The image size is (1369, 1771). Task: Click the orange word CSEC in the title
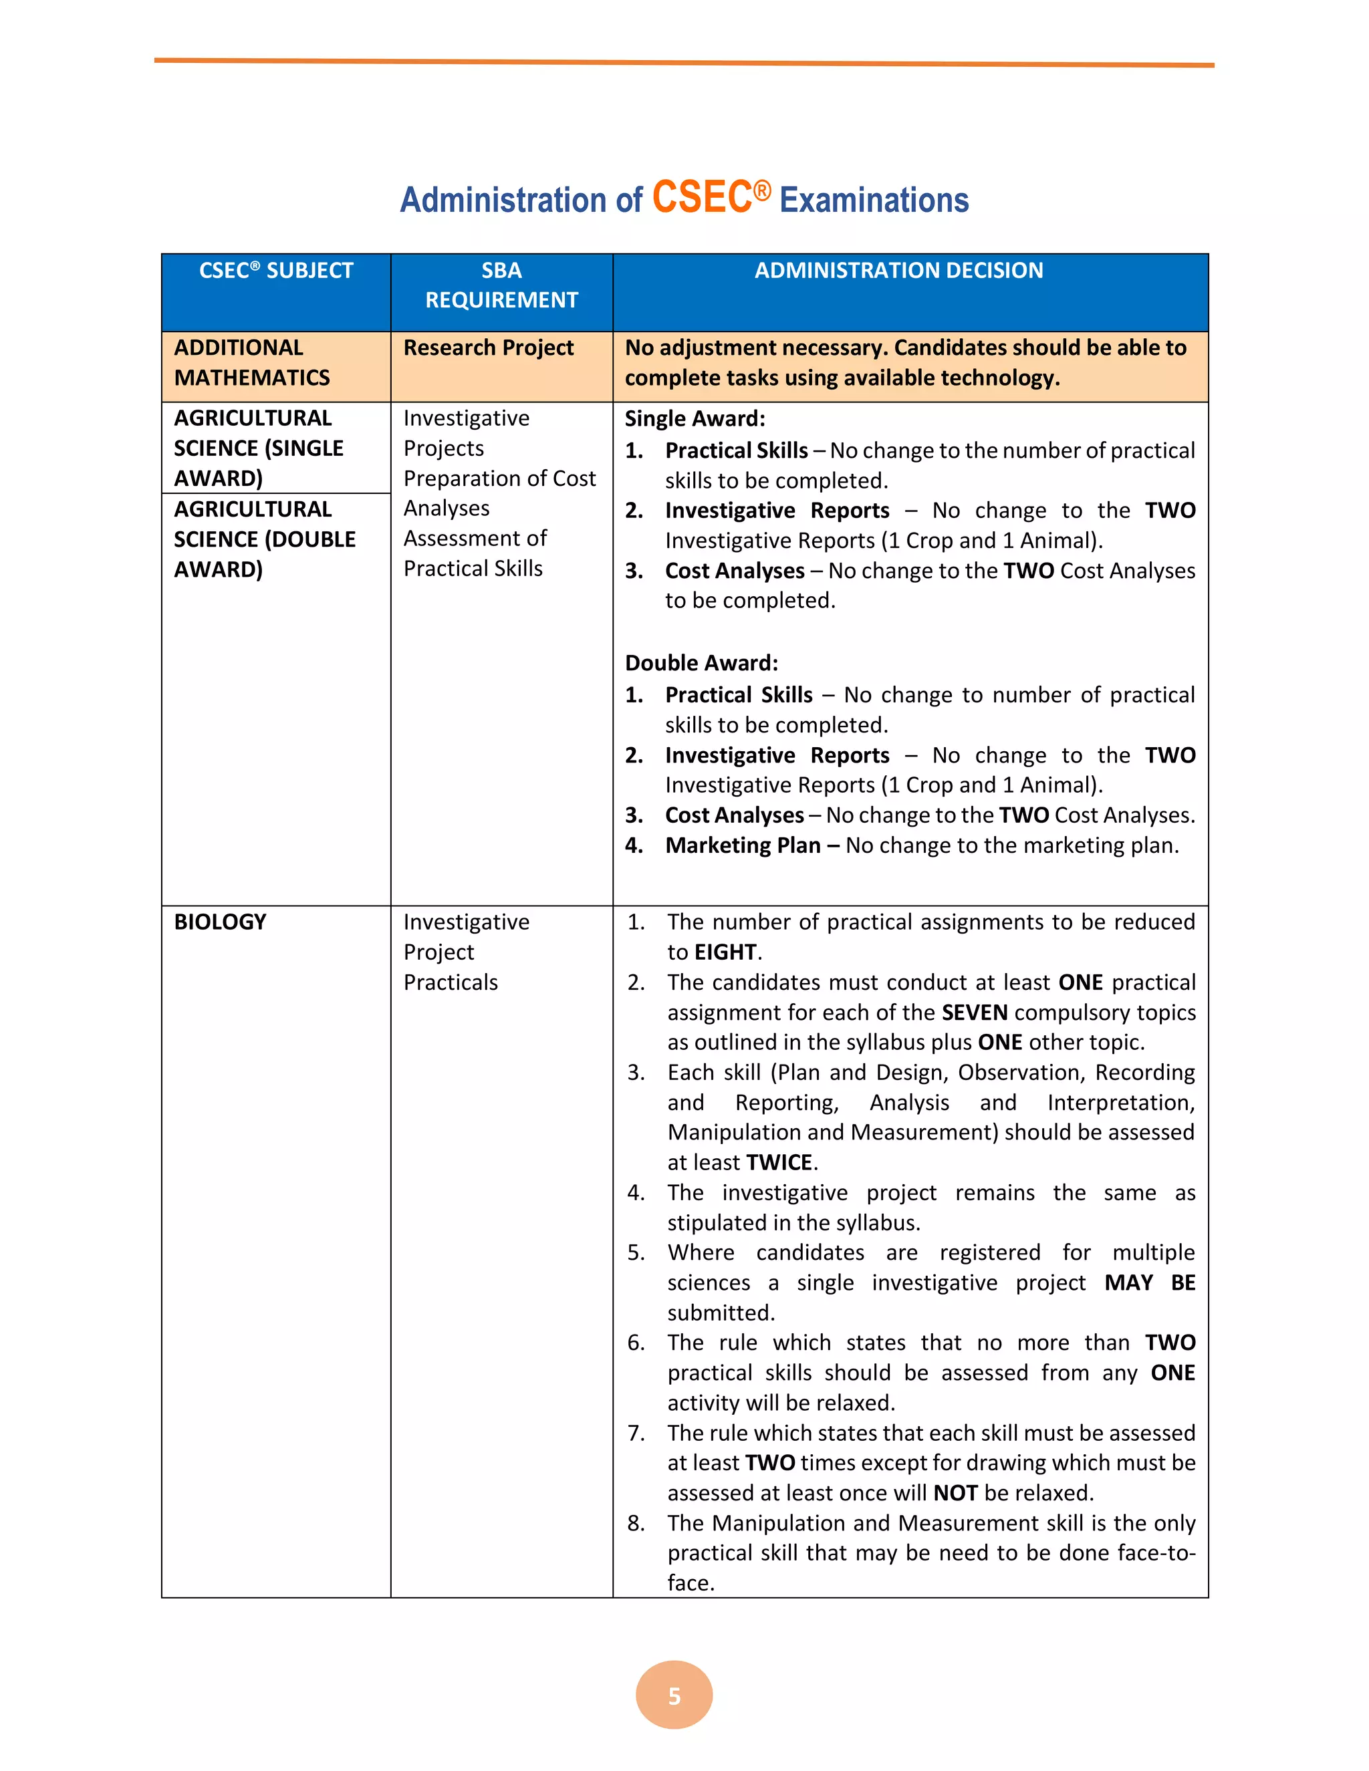point(703,198)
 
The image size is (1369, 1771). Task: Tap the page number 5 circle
point(674,1695)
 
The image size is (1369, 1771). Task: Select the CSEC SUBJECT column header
point(276,271)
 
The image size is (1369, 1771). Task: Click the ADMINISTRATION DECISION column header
point(898,271)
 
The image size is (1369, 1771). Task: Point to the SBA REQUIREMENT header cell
point(501,285)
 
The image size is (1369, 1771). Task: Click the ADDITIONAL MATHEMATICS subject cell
point(252,362)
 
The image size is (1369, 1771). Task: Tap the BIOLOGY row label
point(220,922)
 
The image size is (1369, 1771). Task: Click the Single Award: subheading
point(695,418)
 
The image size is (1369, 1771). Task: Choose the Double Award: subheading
point(701,664)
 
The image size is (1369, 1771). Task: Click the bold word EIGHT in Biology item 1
point(725,952)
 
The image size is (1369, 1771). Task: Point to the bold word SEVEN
point(974,1012)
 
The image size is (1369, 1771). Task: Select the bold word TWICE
point(779,1163)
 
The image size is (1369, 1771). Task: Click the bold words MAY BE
point(1149,1283)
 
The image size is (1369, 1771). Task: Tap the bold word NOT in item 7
point(955,1493)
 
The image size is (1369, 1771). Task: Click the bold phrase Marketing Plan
point(743,846)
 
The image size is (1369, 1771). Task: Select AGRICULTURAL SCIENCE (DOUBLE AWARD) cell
point(265,539)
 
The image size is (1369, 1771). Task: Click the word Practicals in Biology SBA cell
point(451,983)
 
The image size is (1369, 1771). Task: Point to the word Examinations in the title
point(874,200)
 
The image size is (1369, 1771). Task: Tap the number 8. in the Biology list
point(636,1523)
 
